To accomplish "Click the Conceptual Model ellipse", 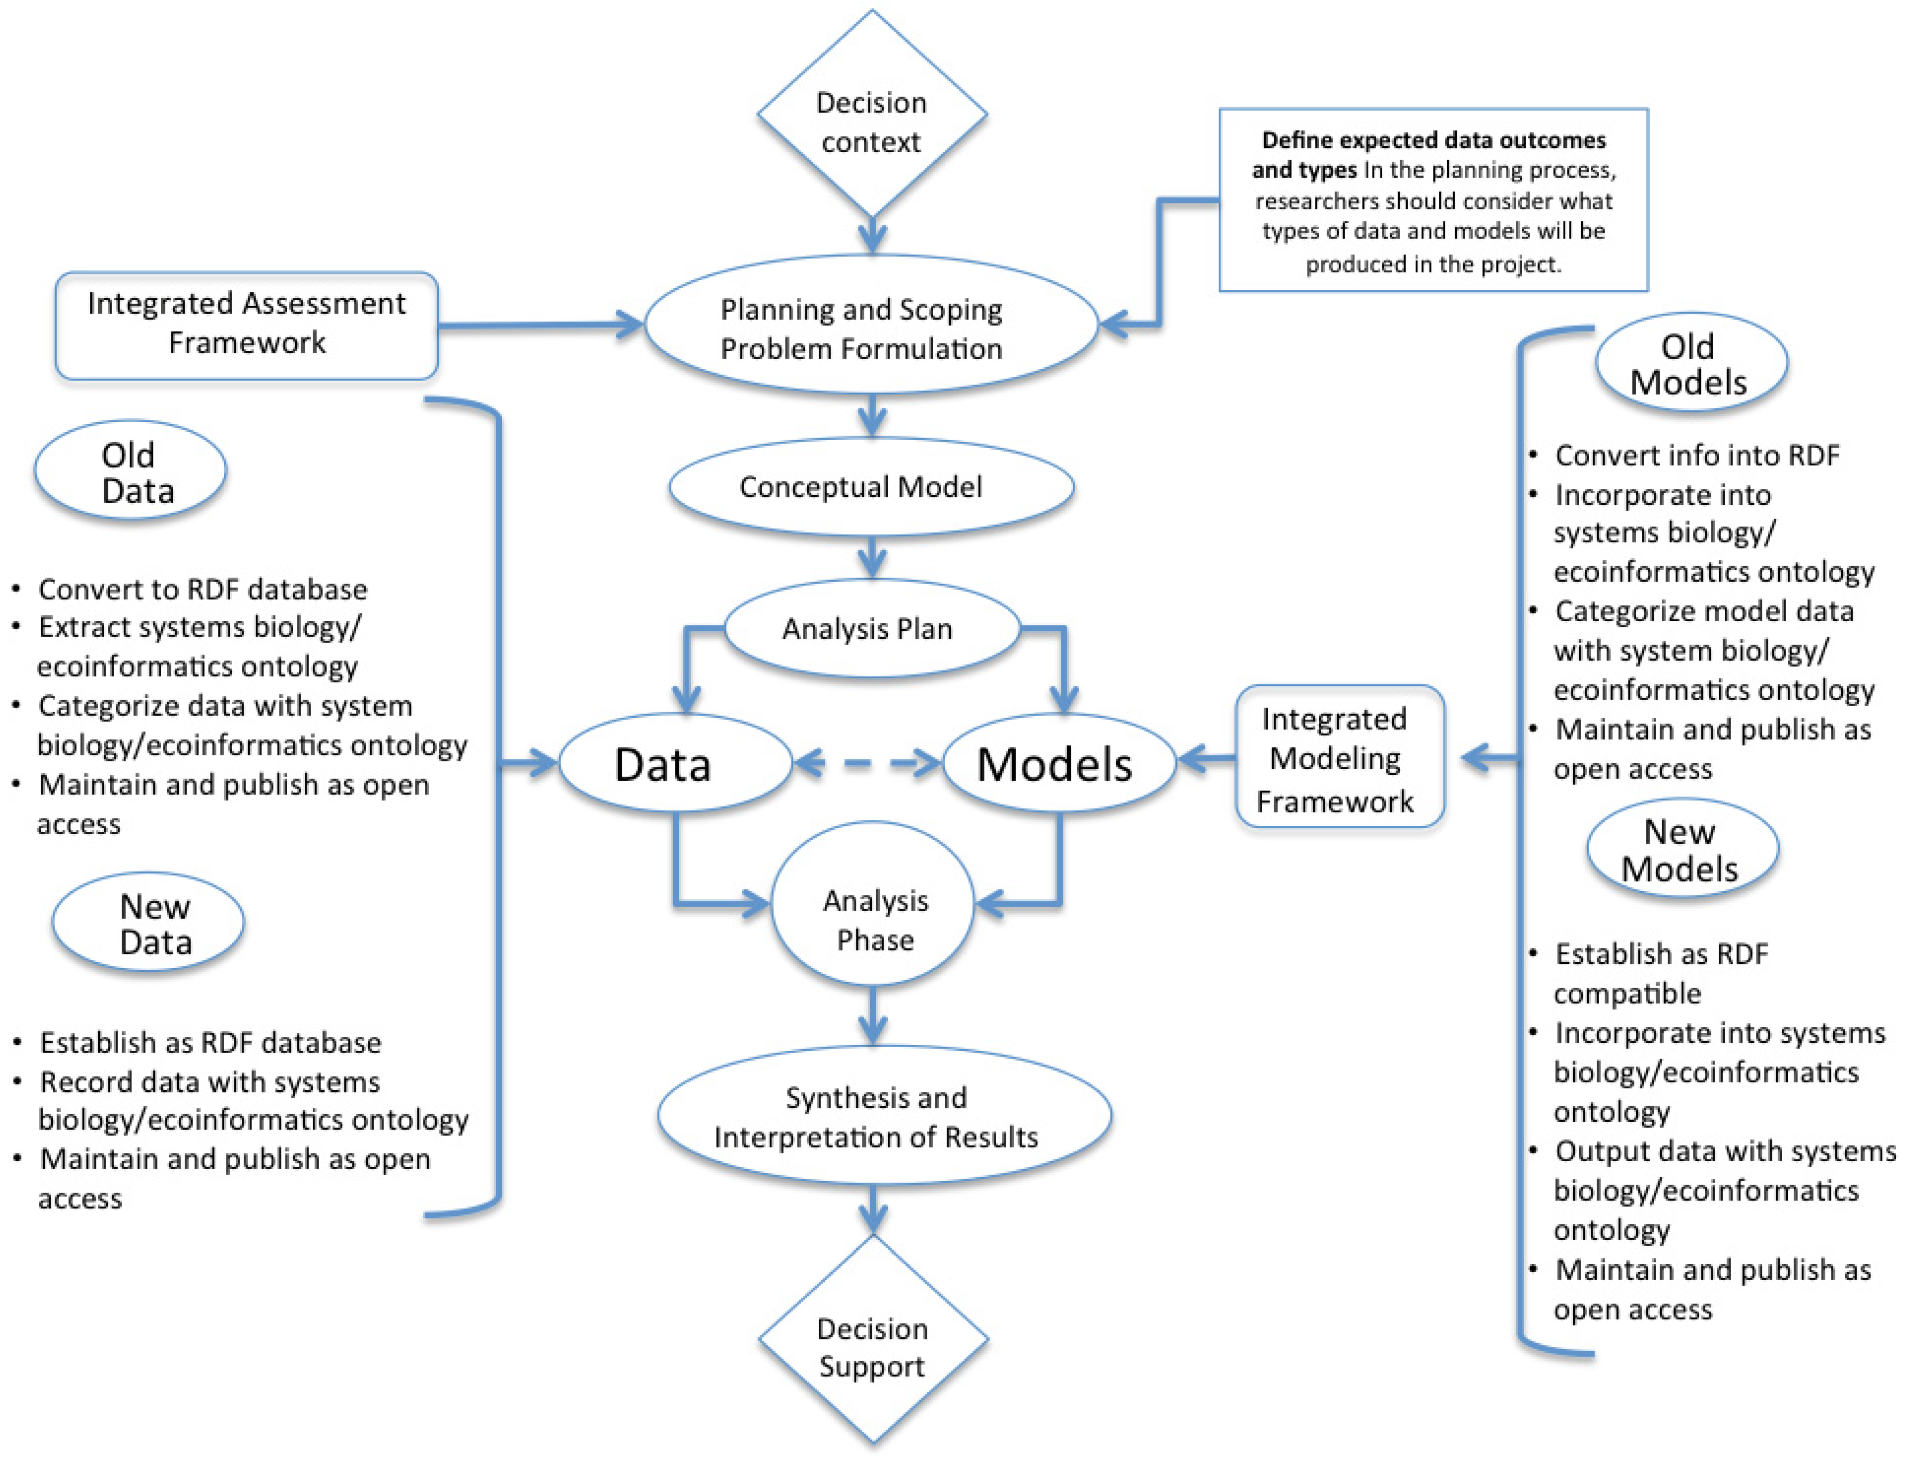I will click(871, 486).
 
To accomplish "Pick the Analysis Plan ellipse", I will click(871, 628).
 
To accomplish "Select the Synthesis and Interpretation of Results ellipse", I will click(883, 1115).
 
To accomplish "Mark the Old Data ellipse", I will click(130, 472).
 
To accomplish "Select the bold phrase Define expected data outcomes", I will click(1432, 141).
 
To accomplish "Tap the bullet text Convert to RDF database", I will click(202, 590).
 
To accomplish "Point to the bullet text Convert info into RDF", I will click(1696, 455).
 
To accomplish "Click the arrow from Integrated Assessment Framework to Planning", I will click(539, 325).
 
